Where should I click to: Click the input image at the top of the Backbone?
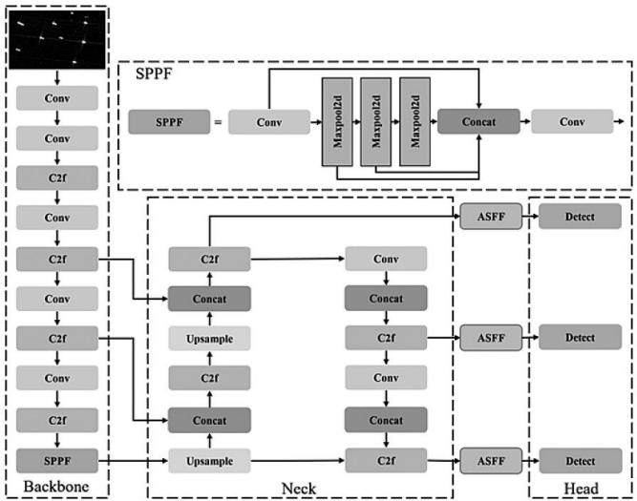pos(57,39)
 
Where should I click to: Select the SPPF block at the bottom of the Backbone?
pos(57,461)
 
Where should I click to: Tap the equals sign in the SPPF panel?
pos(219,122)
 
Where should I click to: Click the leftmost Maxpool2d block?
pos(337,122)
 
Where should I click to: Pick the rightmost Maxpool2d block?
pos(414,122)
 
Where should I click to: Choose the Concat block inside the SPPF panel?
pos(478,121)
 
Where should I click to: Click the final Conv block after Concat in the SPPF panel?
pos(572,121)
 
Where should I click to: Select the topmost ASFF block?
pos(491,217)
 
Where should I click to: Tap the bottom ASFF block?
pos(491,461)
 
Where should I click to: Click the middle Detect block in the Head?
pos(580,338)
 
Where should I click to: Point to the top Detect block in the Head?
pos(580,217)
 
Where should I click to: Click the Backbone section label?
pos(56,487)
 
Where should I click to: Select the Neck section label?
pos(299,489)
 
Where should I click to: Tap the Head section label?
pos(581,489)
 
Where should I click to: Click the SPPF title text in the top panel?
pos(154,73)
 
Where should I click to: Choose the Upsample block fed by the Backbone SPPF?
pos(209,461)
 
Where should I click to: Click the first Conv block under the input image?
pos(57,98)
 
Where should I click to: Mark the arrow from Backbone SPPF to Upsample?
pos(134,461)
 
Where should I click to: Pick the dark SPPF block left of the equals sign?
pos(169,122)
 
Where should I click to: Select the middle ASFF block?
pos(491,338)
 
